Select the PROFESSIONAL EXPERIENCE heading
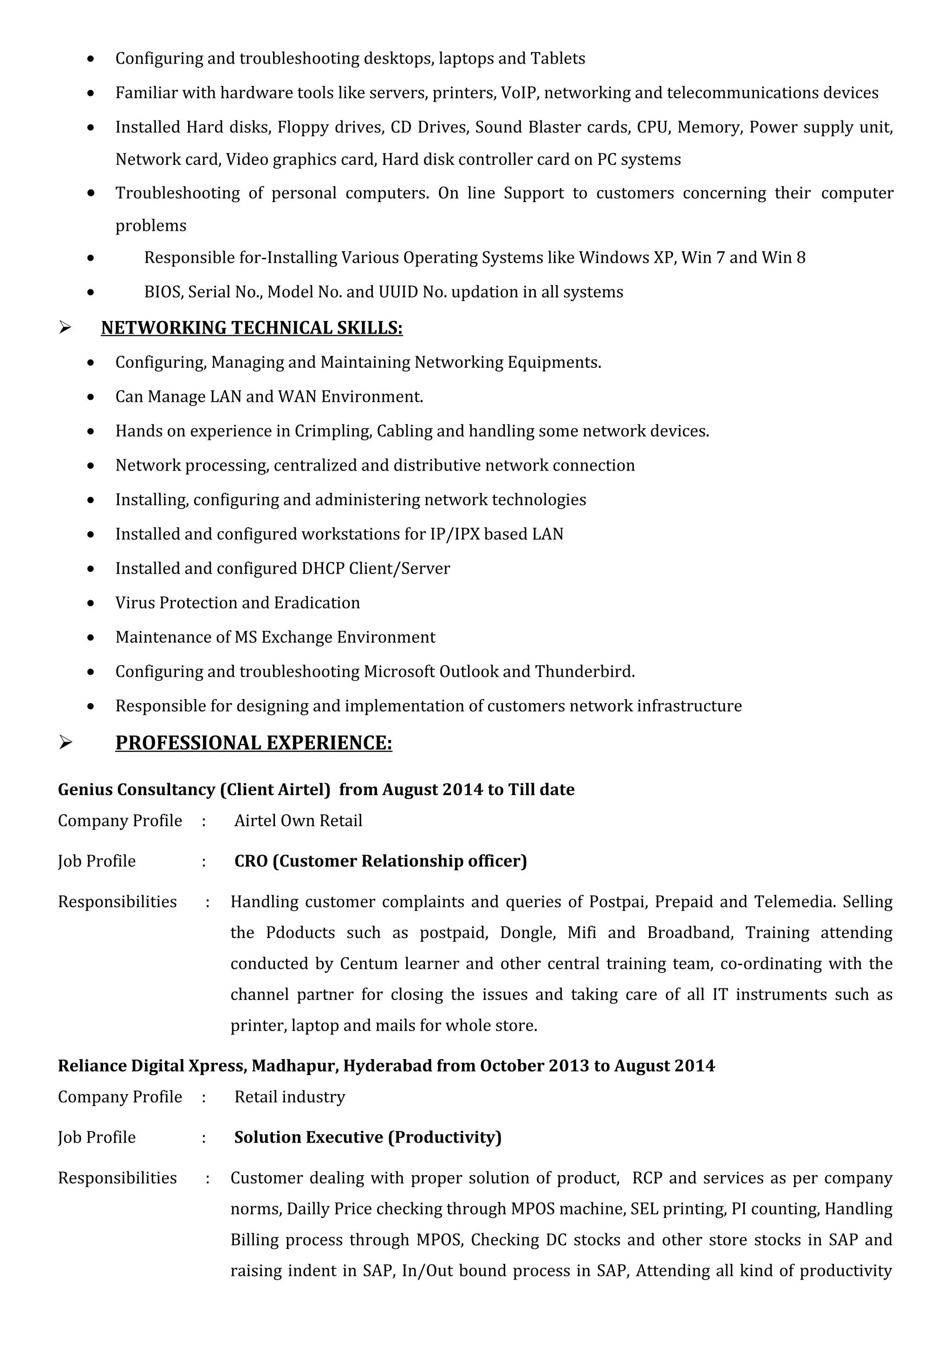[x=253, y=743]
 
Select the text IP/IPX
[x=455, y=534]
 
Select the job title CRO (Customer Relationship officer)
[x=380, y=861]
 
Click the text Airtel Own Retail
[x=298, y=820]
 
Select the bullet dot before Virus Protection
[x=90, y=603]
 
